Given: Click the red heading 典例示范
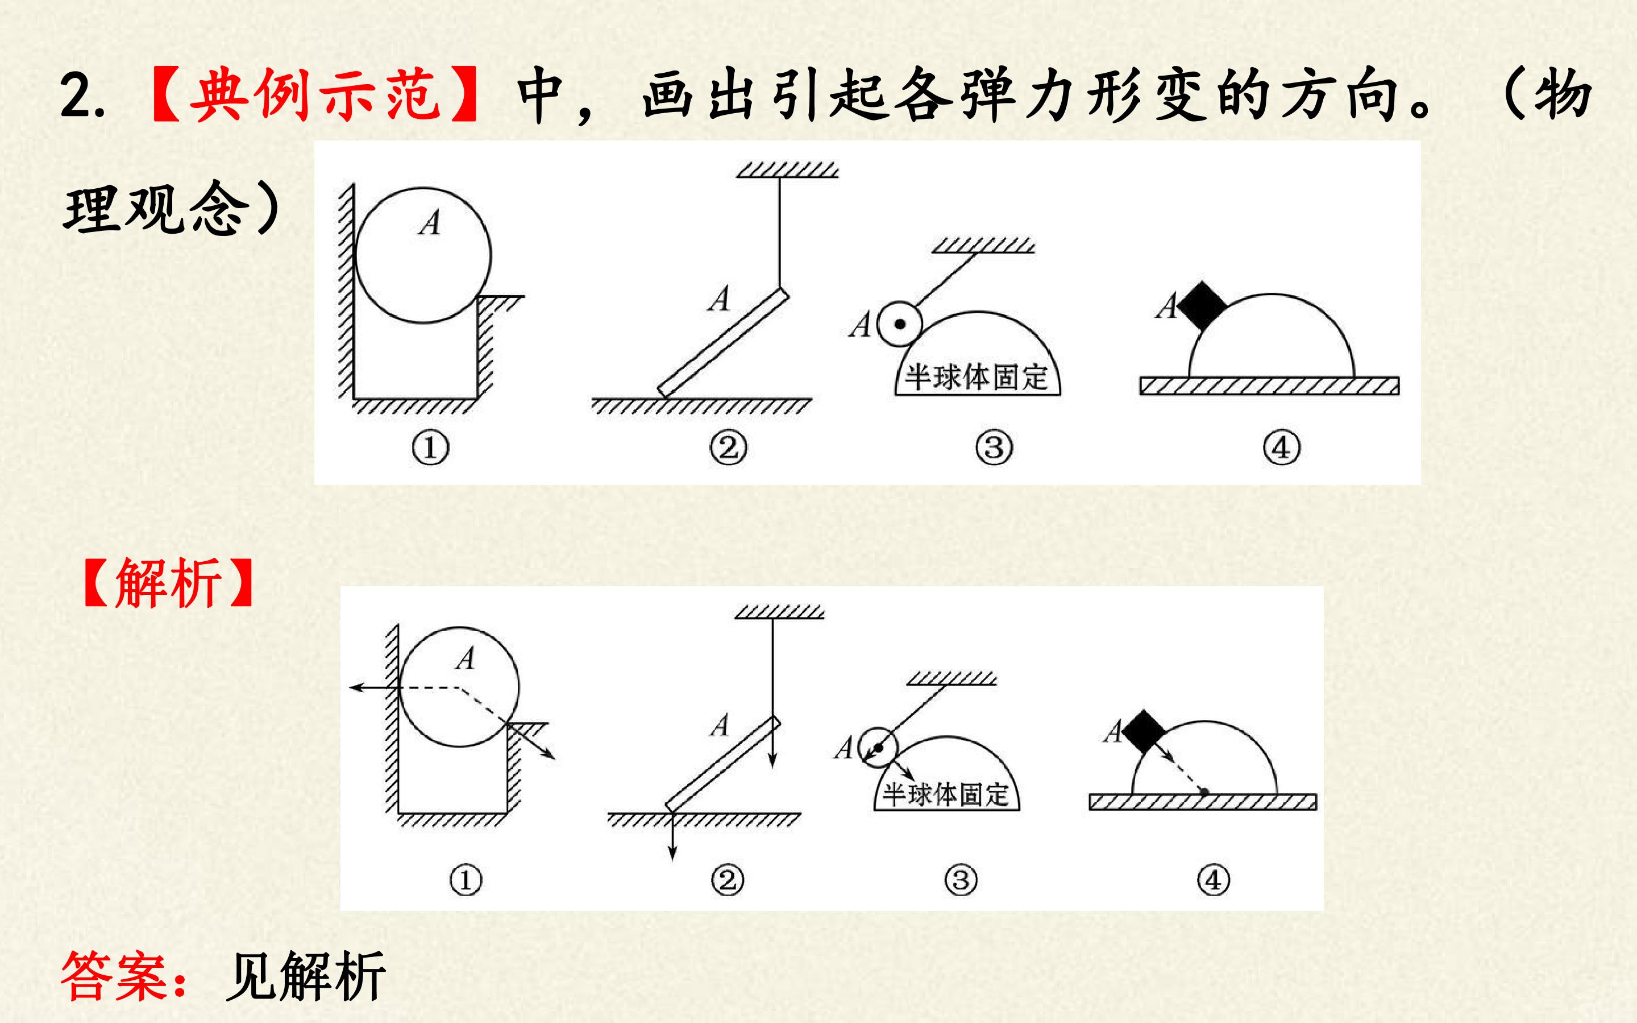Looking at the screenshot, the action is [316, 95].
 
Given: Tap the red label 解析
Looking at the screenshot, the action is [168, 582].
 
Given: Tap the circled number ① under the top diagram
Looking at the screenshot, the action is [430, 448].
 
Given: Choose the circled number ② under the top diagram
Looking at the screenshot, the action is [728, 448].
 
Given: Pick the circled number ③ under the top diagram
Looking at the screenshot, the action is [994, 448].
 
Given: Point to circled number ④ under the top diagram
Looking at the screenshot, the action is [1281, 448].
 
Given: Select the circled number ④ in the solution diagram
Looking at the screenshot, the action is [1213, 880].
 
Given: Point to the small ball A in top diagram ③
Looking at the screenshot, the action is [899, 324].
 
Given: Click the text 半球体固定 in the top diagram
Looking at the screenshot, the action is [977, 377].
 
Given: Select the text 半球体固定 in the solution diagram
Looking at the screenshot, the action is [945, 794].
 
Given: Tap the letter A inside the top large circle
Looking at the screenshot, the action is [429, 222].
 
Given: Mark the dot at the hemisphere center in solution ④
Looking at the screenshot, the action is [1204, 791].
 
